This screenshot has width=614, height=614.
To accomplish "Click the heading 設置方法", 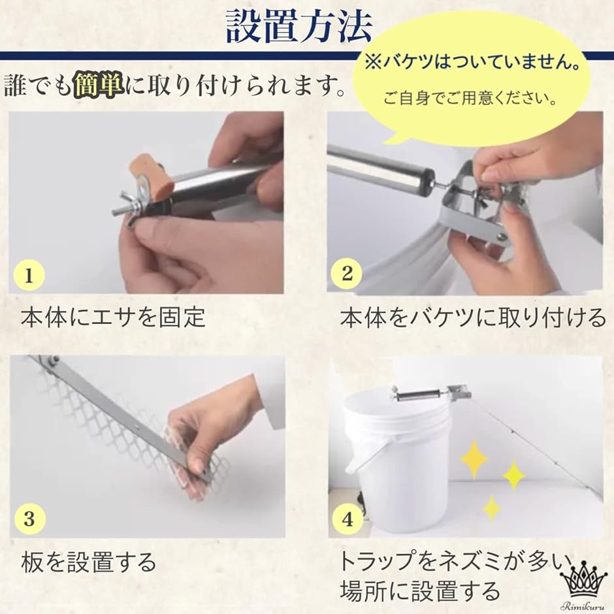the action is tap(299, 27).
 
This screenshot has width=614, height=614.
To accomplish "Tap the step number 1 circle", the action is tap(29, 275).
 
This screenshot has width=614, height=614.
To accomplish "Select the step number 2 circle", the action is tap(346, 273).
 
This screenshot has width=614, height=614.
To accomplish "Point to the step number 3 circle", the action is tap(29, 519).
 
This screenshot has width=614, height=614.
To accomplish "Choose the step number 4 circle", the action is tap(347, 519).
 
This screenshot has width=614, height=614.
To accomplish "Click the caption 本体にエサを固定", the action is tap(113, 317).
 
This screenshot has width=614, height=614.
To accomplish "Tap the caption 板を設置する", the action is tap(88, 562).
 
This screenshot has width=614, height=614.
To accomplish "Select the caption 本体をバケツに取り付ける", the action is tap(473, 317).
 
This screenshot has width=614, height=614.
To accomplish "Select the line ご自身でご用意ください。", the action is tap(470, 98).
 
